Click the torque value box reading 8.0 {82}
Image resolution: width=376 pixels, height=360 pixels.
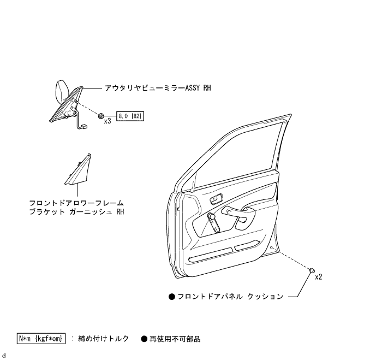click(130, 116)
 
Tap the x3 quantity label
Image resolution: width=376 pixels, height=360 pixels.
click(108, 121)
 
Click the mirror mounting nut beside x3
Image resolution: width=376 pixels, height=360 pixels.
click(101, 115)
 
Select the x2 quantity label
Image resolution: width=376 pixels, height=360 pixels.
click(319, 276)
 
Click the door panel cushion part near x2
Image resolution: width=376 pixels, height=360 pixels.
click(312, 270)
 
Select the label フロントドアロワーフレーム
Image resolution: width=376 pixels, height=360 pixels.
click(76, 203)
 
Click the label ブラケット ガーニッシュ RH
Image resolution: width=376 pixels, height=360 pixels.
click(76, 212)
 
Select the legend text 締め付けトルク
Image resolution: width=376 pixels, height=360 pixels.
click(103, 339)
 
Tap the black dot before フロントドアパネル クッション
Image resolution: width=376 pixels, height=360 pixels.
click(171, 297)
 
